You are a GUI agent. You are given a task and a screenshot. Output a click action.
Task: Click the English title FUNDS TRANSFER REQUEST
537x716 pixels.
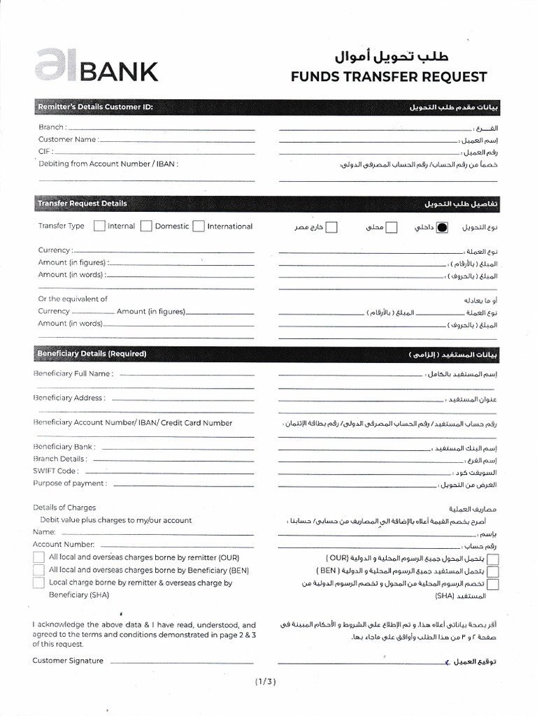pos(389,76)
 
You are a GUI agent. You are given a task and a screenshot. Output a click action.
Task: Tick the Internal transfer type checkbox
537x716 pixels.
pos(99,226)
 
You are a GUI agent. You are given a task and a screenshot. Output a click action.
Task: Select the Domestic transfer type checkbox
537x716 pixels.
pos(146,226)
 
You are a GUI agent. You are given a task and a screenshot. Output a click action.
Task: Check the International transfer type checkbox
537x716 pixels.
pos(199,226)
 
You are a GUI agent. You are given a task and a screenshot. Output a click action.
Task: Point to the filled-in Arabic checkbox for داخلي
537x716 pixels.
pos(442,227)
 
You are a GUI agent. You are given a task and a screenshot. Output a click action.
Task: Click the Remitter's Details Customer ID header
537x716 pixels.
pos(95,107)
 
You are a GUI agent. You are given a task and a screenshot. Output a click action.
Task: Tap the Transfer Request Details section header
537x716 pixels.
pos(83,203)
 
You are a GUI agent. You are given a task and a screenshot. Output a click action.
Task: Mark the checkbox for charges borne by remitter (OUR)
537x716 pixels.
pos(38,557)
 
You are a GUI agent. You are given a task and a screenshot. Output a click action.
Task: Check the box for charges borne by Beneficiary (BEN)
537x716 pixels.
pos(38,570)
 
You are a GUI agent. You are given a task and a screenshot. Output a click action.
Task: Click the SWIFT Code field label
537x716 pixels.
pos(55,471)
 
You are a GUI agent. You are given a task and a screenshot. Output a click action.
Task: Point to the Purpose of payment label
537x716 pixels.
pos(70,483)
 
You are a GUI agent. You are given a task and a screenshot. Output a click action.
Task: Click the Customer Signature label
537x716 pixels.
pos(68,661)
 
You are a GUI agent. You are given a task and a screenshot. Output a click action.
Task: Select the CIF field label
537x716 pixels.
pos(45,151)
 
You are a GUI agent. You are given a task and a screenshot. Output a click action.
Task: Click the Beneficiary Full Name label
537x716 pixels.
pos(73,373)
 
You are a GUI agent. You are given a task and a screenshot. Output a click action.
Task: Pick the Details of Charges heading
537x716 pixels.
pos(64,508)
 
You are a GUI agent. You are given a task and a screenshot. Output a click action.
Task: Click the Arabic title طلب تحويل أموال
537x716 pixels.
pos(390,55)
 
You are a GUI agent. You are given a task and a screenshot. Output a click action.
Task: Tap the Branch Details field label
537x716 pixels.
pos(60,459)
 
